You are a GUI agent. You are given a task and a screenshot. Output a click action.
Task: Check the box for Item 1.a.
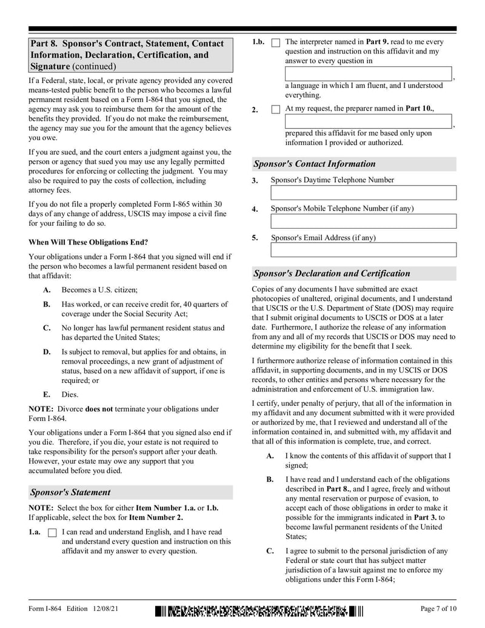pos(52,533)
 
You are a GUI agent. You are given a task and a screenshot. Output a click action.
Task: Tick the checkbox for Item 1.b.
pos(276,43)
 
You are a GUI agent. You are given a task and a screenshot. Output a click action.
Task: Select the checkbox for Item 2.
pos(276,110)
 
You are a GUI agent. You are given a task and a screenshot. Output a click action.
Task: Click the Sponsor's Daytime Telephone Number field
pos(363,193)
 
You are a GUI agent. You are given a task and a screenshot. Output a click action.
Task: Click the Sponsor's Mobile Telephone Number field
pos(363,221)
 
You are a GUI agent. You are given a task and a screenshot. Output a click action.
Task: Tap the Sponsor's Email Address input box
pos(363,250)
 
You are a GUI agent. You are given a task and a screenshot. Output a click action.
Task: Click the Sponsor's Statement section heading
pos(70,492)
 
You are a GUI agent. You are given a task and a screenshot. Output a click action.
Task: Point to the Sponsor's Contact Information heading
pos(314,164)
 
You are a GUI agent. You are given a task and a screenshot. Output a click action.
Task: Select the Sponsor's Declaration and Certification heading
pos(331,274)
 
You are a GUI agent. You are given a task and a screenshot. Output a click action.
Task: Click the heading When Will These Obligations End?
pos(88,242)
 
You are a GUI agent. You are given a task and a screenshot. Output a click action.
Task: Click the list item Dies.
pos(70,394)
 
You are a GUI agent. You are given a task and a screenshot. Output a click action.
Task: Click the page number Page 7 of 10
pos(438,609)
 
